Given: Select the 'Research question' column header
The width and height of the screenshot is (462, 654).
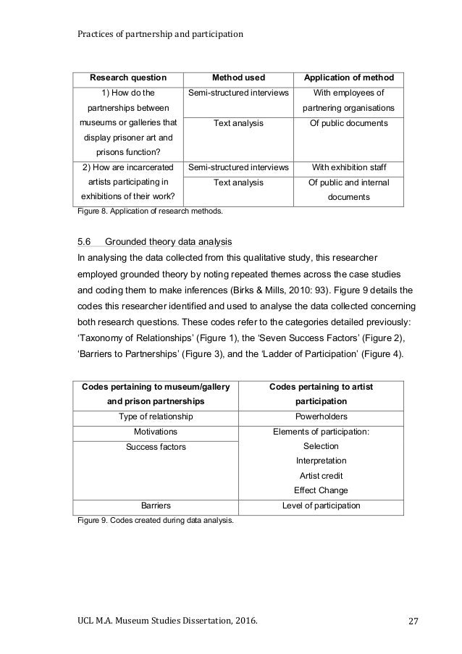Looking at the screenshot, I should [127, 77].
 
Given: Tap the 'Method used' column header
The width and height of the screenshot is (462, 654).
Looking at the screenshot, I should [238, 77].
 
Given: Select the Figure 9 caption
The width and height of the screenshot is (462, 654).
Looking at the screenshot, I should [155, 520].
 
